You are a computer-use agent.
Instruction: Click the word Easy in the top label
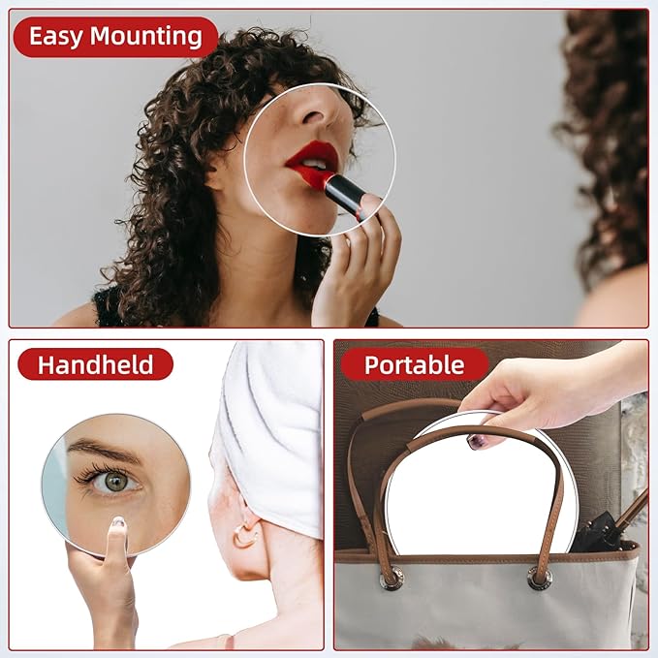point(56,37)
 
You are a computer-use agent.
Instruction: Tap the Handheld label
point(95,365)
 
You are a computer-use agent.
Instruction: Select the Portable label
point(414,365)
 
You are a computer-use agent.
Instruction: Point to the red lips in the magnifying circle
point(312,159)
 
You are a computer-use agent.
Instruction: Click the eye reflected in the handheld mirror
point(114,479)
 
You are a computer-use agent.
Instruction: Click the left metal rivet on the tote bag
point(392,579)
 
